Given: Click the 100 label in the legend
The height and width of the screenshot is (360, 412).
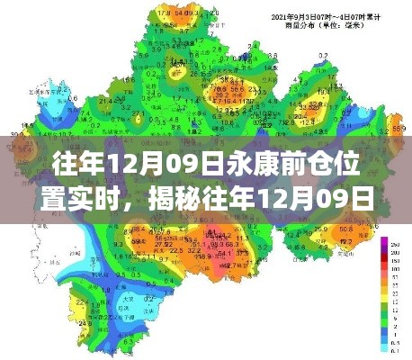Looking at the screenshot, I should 397,268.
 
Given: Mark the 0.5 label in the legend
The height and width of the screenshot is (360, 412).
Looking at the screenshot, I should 397,343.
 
